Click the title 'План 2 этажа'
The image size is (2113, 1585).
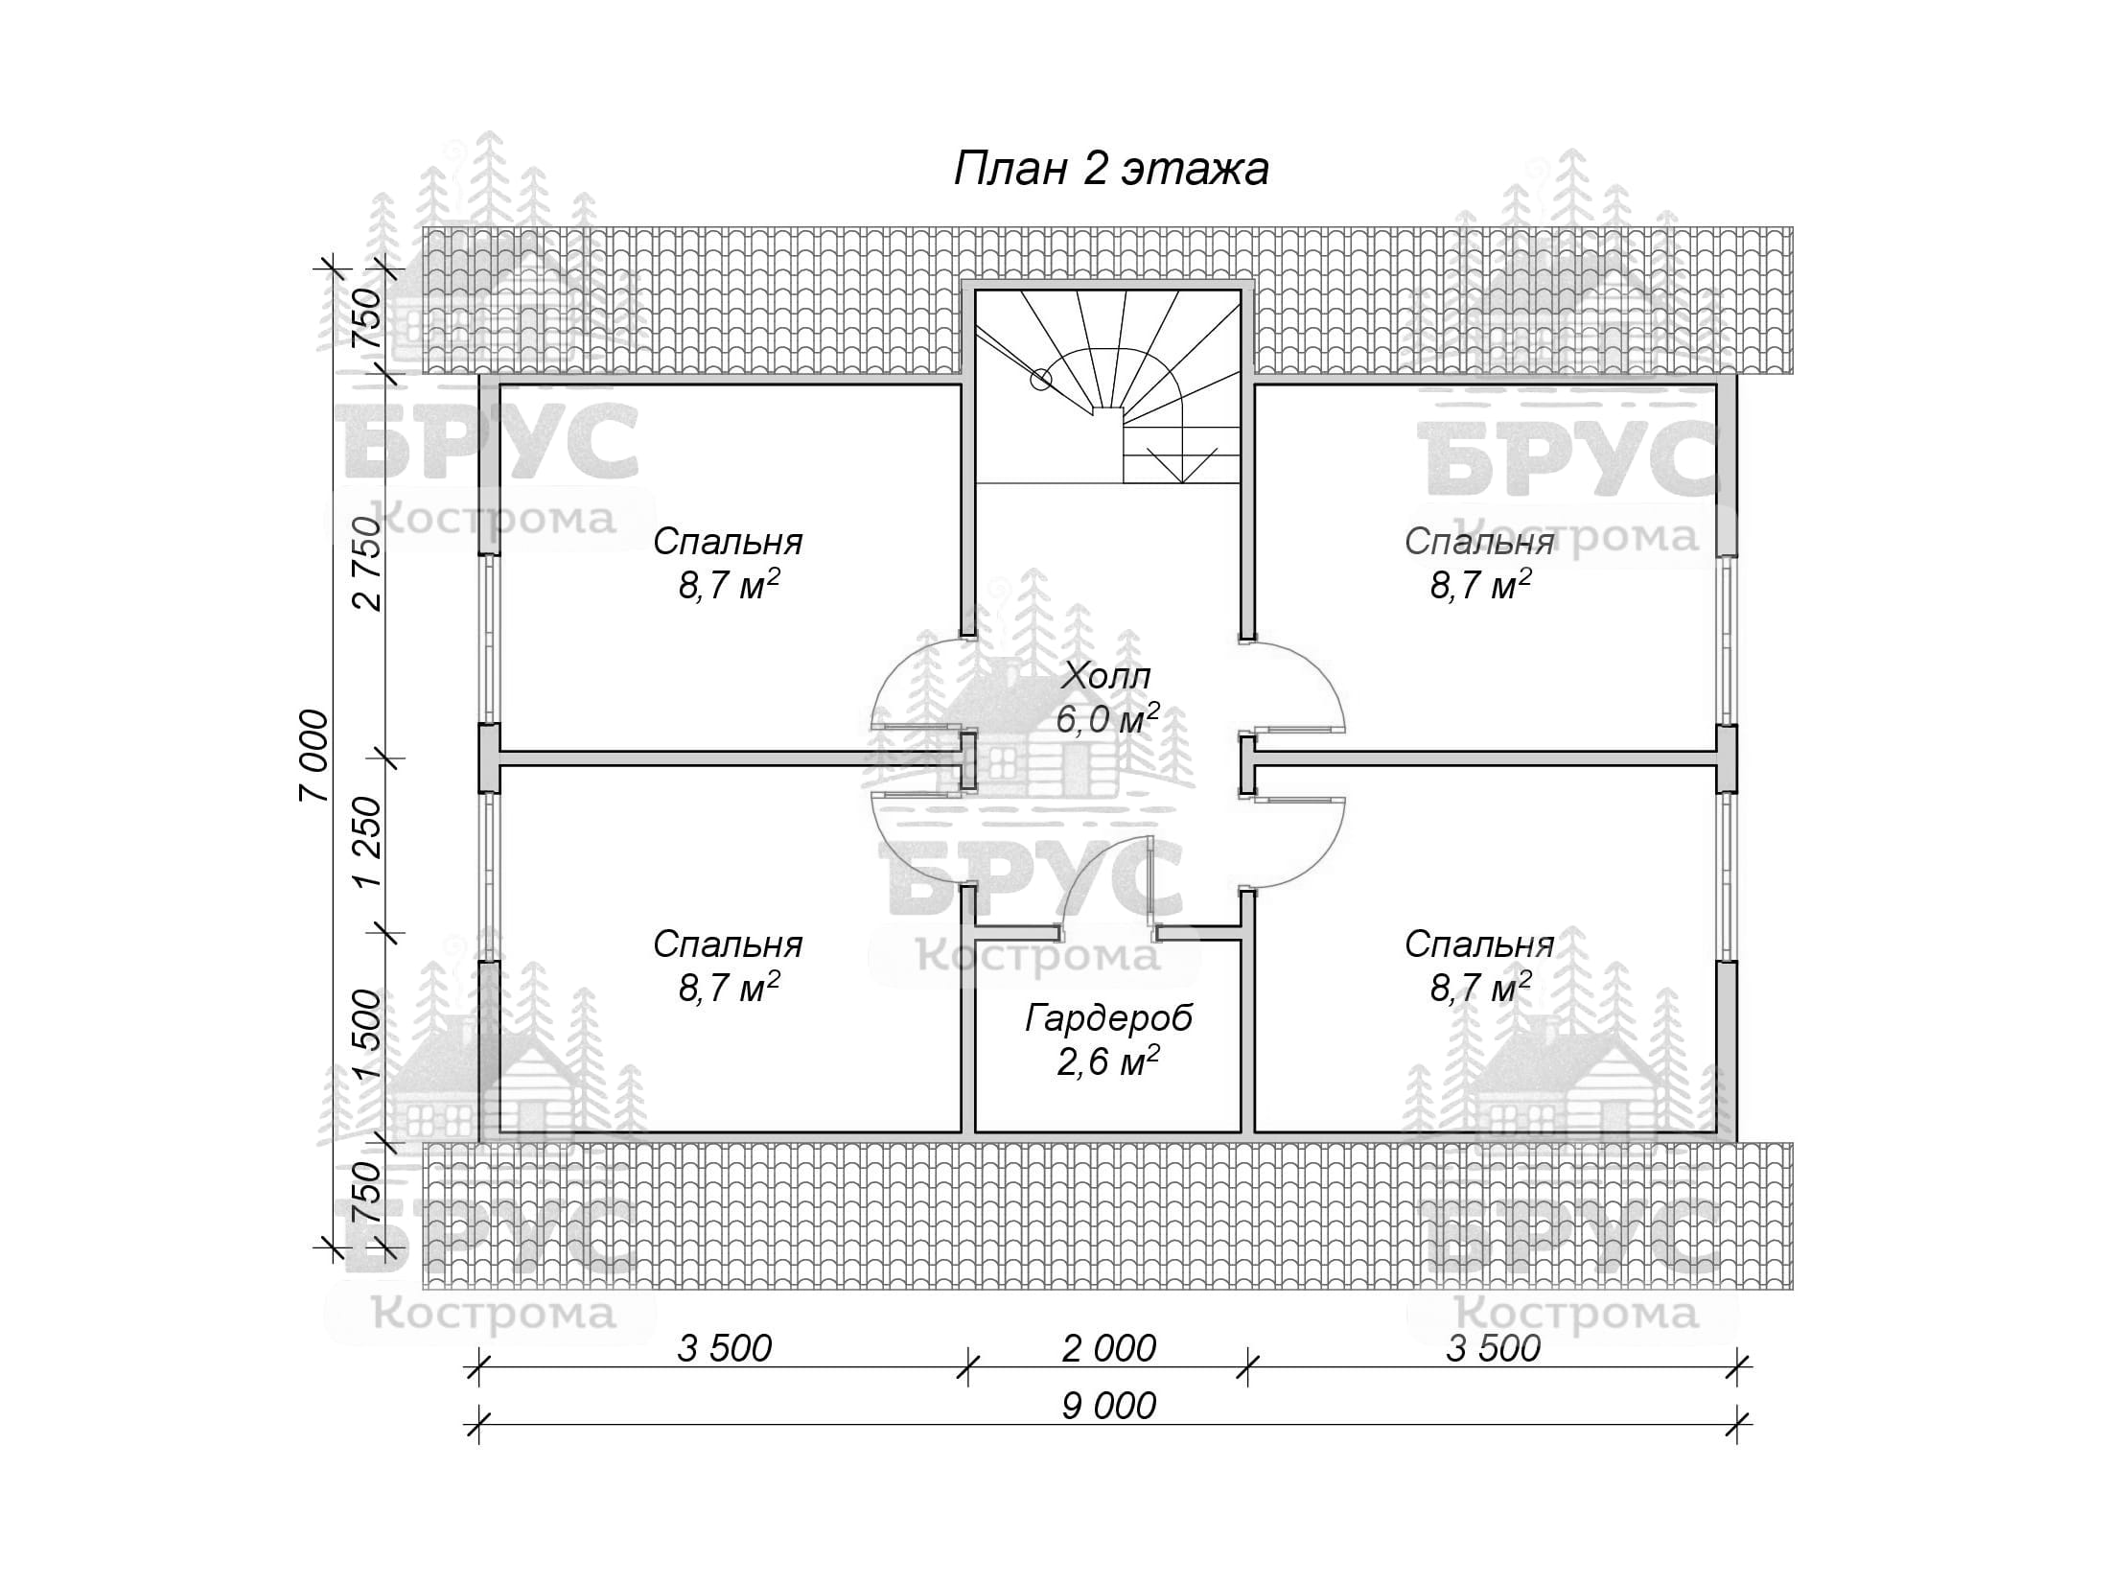click(1111, 170)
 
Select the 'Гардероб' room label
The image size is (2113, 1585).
click(1108, 1018)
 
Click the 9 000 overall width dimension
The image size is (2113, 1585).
click(1109, 1406)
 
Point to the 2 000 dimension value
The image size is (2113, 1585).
click(1109, 1348)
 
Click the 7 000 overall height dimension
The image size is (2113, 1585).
click(313, 757)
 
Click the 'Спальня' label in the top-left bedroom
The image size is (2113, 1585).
click(728, 542)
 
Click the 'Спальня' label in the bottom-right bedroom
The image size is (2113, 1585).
click(1479, 944)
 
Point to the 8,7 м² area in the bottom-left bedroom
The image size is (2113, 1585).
click(729, 987)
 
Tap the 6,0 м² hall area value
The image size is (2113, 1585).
click(1107, 718)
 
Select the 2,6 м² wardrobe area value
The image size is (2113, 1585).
click(1108, 1061)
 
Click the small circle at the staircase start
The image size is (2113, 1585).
click(1040, 380)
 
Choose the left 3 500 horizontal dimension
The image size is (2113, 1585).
click(725, 1348)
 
